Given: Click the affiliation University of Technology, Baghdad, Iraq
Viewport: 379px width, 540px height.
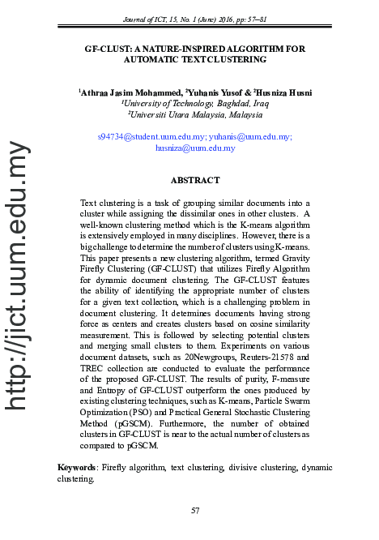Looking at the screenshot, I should [194, 104].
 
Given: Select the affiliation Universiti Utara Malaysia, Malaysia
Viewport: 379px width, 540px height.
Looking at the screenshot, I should [194, 115].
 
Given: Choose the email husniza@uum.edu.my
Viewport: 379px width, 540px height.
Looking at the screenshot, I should [194, 148].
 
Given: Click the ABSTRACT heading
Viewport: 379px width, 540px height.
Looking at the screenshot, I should [194, 180].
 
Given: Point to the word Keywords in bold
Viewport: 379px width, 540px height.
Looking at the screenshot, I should [77, 468].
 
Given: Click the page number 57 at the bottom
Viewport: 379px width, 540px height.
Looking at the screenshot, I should [194, 510].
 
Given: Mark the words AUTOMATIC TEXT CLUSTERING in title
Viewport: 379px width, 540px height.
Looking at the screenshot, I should [194, 59].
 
